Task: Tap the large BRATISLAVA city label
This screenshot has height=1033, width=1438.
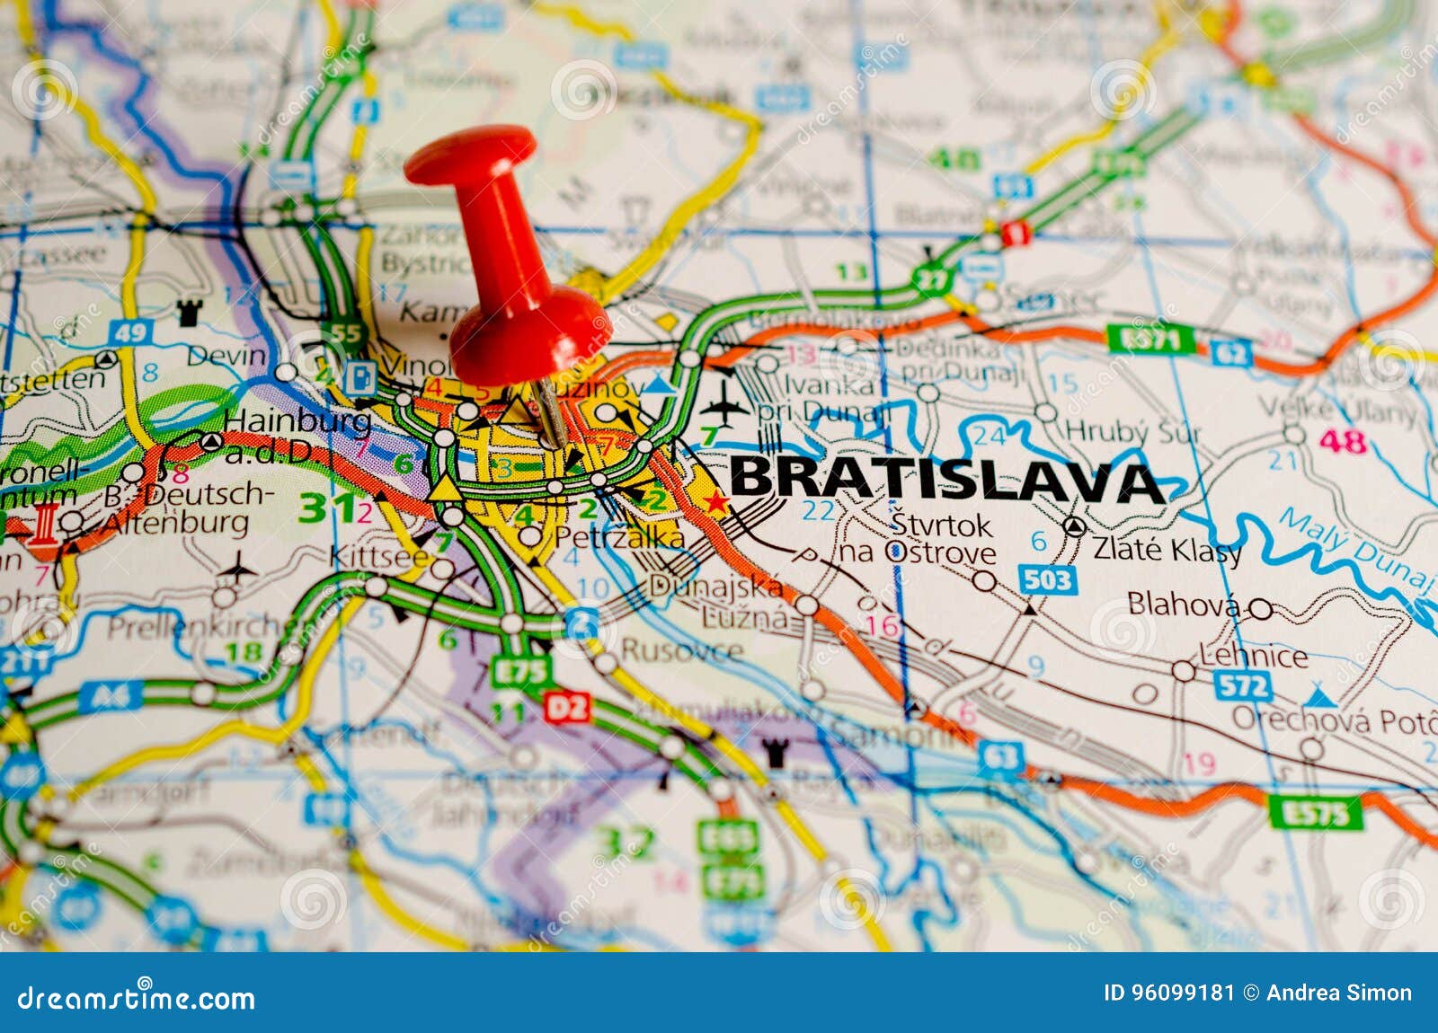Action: coord(945,479)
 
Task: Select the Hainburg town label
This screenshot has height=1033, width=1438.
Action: coord(297,420)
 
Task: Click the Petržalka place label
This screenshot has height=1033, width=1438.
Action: coord(618,537)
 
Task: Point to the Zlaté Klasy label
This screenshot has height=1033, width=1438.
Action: coord(1167,549)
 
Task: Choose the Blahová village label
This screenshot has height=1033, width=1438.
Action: coord(1183,605)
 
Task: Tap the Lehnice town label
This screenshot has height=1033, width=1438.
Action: coord(1253,656)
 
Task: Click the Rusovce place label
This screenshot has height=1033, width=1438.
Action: coord(681,650)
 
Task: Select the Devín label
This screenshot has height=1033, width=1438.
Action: coord(226,356)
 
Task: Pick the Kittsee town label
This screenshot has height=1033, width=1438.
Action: coord(379,557)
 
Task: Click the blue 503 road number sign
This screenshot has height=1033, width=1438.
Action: coord(1047,579)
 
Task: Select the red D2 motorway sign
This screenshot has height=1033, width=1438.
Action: coord(567,708)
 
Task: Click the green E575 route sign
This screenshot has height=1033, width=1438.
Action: coord(1315,813)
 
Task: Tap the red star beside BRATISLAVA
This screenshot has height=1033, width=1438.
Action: coord(715,502)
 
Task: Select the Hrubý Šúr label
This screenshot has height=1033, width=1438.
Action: coord(1132,433)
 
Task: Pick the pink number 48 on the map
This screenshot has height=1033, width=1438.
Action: coord(1343,441)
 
